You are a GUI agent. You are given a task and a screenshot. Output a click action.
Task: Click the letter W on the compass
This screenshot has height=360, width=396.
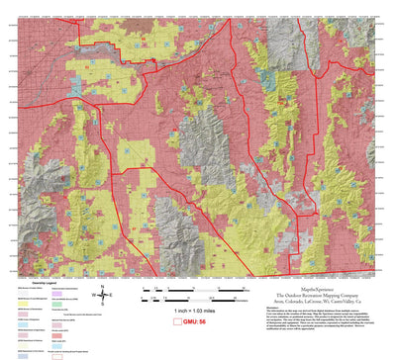[93, 295]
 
